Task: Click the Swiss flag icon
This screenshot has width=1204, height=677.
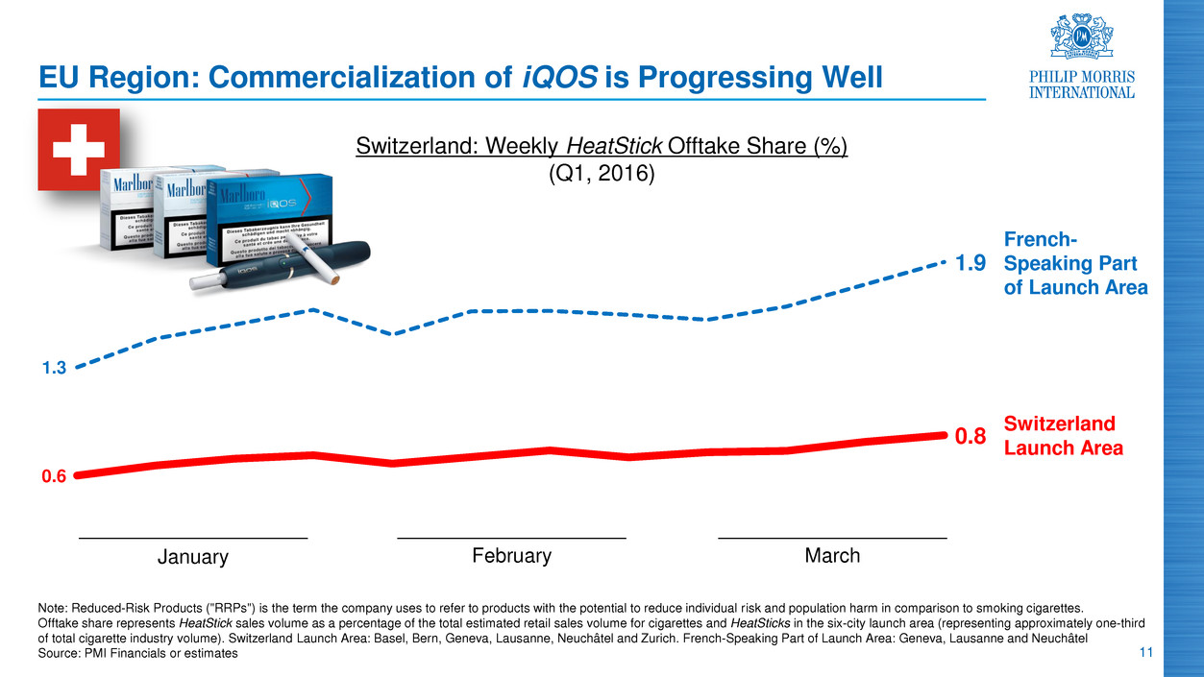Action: [x=79, y=149]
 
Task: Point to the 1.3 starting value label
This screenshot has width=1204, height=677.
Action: [x=54, y=368]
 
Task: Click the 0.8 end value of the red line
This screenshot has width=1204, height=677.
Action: [x=970, y=438]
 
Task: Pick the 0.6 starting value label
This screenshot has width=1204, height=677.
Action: [x=54, y=475]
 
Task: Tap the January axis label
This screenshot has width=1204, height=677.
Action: [x=193, y=557]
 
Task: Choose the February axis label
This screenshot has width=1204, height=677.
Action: [x=511, y=556]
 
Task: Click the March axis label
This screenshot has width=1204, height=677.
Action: [x=832, y=556]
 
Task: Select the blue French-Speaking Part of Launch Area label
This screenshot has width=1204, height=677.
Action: [x=1075, y=262]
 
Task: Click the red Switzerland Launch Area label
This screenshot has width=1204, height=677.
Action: [x=1063, y=436]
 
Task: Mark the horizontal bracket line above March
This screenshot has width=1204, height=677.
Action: [x=832, y=537]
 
